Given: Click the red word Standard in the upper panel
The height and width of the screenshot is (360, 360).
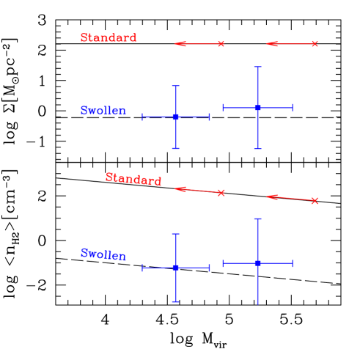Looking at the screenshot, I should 109,37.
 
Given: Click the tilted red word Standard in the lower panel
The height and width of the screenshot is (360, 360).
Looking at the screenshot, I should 133,179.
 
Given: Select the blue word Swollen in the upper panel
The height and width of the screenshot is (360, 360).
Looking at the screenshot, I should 103,111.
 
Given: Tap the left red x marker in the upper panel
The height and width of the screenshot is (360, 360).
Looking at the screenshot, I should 221,44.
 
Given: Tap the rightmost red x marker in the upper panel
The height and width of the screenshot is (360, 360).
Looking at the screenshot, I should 315,44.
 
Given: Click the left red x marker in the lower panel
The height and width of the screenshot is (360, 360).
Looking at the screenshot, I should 221,193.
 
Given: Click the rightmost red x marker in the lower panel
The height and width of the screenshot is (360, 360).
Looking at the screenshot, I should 315,201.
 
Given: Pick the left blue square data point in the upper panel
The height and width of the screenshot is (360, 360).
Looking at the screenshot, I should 176,117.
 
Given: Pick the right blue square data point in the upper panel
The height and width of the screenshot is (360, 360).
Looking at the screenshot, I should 257,108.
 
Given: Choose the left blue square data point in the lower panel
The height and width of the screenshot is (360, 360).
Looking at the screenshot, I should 176,268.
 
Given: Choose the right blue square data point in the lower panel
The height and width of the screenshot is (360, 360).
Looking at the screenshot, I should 257,262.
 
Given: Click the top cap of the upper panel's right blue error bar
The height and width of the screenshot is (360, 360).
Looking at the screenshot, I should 257,67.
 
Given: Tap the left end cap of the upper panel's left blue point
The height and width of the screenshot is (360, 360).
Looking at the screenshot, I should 143,117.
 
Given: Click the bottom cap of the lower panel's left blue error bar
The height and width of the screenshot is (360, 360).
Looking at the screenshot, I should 176,301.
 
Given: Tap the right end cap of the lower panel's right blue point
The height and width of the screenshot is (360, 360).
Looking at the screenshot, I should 293,262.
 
